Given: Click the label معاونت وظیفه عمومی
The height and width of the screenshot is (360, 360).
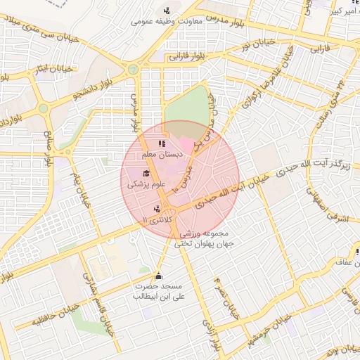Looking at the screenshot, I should tap(167, 22).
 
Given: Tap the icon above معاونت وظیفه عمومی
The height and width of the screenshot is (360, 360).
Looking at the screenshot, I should tap(167, 11).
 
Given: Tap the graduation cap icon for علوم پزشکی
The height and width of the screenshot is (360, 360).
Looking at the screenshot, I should tap(146, 174).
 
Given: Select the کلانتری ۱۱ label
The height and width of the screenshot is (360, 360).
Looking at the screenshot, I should tap(156, 219).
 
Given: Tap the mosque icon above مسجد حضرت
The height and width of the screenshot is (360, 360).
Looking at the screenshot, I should tap(158, 276).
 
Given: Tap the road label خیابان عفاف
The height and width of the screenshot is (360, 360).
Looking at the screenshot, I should tap(339, 262).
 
